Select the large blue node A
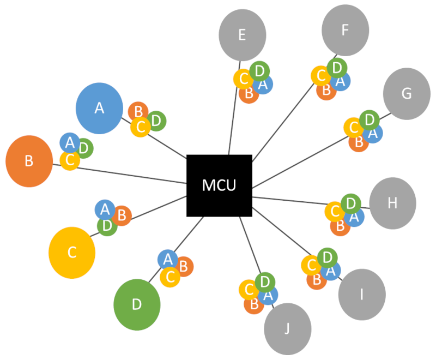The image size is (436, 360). (x=99, y=108)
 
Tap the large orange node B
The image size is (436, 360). (x=29, y=161)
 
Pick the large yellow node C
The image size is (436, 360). (x=72, y=253)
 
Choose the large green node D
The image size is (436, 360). (x=137, y=304)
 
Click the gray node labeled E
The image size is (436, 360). (x=243, y=35)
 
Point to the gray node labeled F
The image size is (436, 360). (x=344, y=31)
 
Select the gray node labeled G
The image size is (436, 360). (x=407, y=93)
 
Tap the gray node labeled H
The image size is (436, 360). (x=392, y=203)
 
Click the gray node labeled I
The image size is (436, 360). (x=361, y=295)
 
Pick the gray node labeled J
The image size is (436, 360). (x=287, y=329)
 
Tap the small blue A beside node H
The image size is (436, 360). (x=354, y=217)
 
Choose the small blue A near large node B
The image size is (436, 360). (x=70, y=143)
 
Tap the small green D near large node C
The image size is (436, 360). (x=107, y=225)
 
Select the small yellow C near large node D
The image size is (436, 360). (x=170, y=277)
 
